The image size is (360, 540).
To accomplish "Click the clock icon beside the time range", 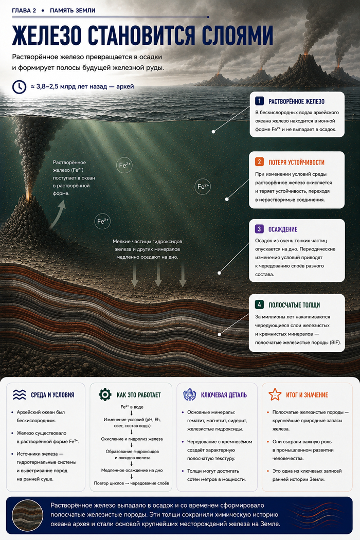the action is [x=19, y=86].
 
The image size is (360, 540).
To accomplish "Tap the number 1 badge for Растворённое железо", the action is [x=259, y=101].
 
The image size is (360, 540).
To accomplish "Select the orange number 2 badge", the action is [x=259, y=162].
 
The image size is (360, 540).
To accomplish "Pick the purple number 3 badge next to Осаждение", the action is [x=259, y=229].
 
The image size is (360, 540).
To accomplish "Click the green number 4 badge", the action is [x=259, y=304].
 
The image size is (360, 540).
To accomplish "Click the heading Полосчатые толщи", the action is [x=294, y=305].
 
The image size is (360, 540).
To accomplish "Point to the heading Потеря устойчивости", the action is [x=296, y=163].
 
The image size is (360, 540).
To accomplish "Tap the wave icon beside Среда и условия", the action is [x=20, y=394].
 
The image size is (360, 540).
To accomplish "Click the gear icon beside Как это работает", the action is [x=105, y=394].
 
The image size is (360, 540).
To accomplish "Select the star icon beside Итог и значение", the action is [x=275, y=394].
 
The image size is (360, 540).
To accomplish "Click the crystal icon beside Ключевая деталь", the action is [x=189, y=394].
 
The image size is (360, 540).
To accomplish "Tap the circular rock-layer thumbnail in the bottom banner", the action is [x=28, y=515].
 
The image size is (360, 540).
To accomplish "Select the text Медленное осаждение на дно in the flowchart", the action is [x=132, y=470].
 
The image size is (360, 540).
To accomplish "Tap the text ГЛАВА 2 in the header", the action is [x=24, y=10].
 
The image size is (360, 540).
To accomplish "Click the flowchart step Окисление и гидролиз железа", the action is [x=132, y=439].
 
